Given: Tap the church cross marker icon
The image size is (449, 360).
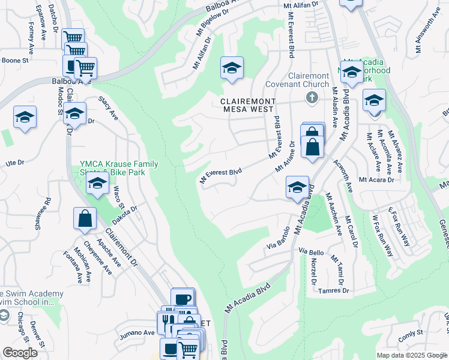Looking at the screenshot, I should click(312, 97).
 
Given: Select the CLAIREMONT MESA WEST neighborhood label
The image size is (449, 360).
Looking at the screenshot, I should click(247, 105).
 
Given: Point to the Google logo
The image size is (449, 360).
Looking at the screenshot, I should click(20, 353).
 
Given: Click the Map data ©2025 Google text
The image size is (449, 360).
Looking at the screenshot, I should click(412, 355).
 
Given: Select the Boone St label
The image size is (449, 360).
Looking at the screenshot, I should click(15, 61).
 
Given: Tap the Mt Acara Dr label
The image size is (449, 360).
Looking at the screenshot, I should click(376, 179).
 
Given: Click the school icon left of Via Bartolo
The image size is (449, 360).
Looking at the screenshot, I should click(297, 187).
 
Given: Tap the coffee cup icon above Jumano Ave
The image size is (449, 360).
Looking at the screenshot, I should click(182, 298).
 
